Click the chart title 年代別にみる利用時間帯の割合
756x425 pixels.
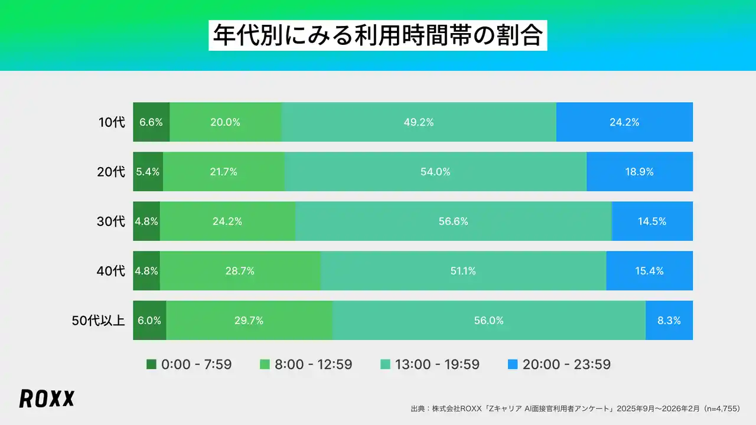point(377,36)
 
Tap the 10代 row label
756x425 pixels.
point(112,122)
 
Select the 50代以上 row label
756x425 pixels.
point(98,321)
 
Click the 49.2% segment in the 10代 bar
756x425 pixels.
point(419,122)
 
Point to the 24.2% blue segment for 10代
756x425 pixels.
point(624,122)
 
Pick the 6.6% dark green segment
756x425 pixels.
point(151,122)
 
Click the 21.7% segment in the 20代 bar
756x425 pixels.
point(223,172)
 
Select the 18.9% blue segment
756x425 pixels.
point(640,172)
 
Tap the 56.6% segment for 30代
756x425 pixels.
point(453,221)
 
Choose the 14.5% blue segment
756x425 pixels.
point(652,221)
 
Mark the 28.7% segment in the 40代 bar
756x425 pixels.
point(240,271)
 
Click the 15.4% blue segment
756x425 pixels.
point(649,271)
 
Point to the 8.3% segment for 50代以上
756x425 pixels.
point(669,321)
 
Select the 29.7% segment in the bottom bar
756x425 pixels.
point(249,321)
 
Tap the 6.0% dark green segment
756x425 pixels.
point(149,321)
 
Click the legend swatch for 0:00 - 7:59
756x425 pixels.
point(151,365)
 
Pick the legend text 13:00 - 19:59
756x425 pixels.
point(438,365)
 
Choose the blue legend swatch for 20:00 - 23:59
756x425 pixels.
point(513,365)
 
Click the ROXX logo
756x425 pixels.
point(47,398)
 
